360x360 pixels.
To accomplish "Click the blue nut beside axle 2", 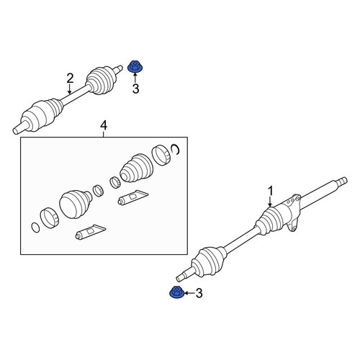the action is [x=134, y=66].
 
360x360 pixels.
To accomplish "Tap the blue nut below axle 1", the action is [x=176, y=292].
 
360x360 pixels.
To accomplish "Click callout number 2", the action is [x=70, y=78].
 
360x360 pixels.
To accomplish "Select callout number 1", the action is [x=271, y=192].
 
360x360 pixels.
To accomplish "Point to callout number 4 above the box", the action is [x=104, y=125].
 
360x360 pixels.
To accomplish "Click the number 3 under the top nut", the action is [x=135, y=89].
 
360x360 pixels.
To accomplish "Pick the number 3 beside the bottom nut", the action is [x=199, y=293].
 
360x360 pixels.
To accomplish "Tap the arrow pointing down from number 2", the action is [x=69, y=89].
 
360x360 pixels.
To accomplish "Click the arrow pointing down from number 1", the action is [x=270, y=202].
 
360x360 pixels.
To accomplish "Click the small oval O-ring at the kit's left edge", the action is [x=35, y=228].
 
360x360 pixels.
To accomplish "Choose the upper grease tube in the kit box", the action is [x=132, y=197].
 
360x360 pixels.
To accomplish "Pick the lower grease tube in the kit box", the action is [x=90, y=232].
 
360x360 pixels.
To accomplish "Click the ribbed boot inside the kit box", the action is [x=136, y=168].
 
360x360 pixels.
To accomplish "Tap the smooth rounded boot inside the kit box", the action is [x=75, y=204].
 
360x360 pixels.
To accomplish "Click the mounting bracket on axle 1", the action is [x=292, y=212].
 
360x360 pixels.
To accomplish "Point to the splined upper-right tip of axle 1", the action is [x=342, y=181].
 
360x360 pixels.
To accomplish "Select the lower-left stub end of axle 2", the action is [x=19, y=128].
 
